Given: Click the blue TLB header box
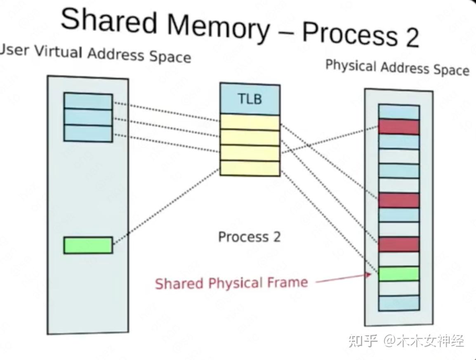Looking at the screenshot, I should click(x=250, y=99).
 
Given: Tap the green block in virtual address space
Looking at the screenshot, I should click(x=88, y=245).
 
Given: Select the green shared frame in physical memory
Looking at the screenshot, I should click(x=398, y=274).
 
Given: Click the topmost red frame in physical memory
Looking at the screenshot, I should click(x=398, y=127).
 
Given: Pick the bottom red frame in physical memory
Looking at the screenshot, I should click(x=398, y=244).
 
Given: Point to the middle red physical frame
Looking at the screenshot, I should click(x=398, y=200).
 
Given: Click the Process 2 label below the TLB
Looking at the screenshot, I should click(x=249, y=237).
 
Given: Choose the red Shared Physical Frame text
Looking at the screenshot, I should click(x=231, y=283).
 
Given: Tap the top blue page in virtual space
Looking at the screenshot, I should click(x=88, y=101).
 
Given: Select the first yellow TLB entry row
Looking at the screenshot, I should click(x=250, y=122).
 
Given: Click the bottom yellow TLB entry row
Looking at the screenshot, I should click(x=250, y=168).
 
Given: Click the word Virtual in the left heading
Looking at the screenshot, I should click(x=59, y=52).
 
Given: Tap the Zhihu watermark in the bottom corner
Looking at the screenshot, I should click(x=406, y=341).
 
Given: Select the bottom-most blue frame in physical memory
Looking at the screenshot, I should click(x=398, y=303).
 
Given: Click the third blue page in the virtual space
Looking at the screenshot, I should click(x=88, y=133).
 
